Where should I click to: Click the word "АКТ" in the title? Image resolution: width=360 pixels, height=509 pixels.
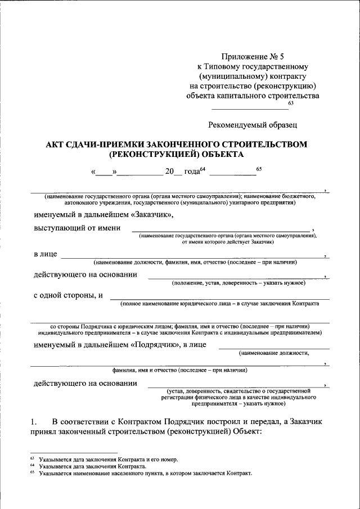[57, 144]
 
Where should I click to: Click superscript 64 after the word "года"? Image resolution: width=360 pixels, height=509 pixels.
[203, 169]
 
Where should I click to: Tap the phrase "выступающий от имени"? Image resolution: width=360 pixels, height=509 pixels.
[77, 227]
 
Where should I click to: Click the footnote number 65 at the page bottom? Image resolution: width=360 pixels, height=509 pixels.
[33, 472]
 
